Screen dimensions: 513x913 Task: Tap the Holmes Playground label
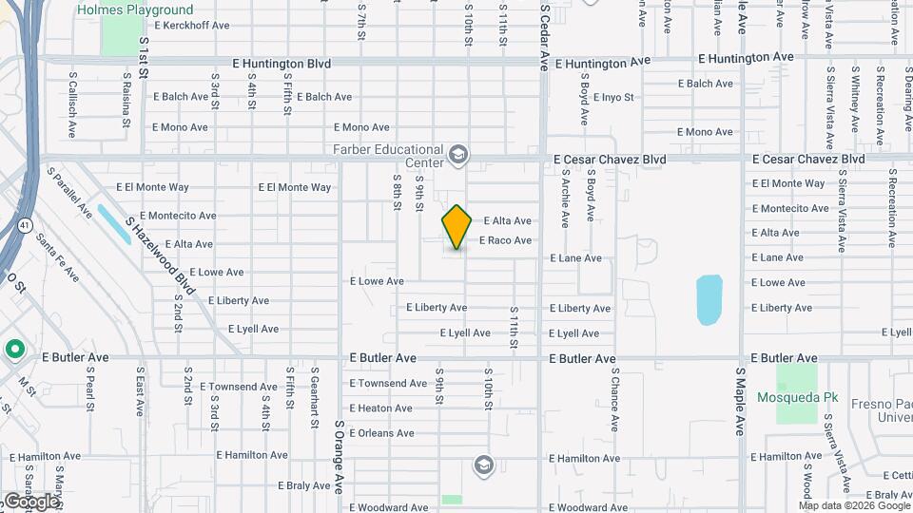point(148,10)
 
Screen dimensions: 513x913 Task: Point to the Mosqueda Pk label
point(787,395)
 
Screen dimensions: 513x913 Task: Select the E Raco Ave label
point(505,241)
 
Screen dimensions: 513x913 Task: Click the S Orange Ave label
point(339,456)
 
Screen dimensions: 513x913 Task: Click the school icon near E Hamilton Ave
point(483,465)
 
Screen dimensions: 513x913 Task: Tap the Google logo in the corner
point(31,501)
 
